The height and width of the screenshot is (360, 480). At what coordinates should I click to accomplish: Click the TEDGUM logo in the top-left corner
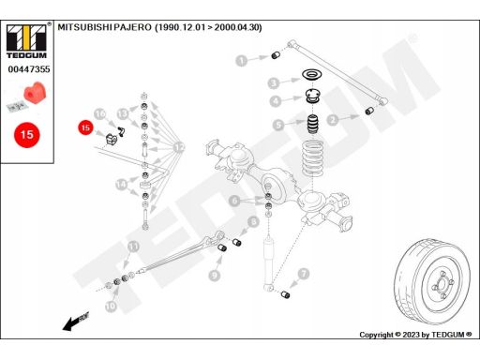26,41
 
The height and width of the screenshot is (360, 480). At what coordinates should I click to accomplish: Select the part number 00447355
29,69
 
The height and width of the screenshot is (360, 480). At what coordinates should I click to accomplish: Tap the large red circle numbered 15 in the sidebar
27,135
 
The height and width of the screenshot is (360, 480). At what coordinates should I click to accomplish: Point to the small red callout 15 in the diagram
85,127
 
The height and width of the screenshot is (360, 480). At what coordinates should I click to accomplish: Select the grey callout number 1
242,61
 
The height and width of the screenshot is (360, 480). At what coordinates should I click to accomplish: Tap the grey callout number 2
333,119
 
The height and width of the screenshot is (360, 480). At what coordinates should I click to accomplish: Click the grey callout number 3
274,83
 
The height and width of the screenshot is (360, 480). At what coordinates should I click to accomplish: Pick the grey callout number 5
278,125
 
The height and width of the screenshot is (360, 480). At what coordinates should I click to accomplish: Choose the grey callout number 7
304,274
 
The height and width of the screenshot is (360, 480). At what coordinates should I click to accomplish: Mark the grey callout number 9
215,275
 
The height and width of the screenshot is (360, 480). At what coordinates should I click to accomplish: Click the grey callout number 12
179,147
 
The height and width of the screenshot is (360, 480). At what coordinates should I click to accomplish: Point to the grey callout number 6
234,201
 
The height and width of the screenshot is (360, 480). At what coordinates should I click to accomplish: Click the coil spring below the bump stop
312,158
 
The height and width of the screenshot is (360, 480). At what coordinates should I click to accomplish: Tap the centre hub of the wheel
442,285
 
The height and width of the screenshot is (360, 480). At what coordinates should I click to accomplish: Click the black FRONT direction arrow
76,322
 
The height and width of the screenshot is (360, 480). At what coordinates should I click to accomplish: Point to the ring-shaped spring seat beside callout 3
312,75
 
